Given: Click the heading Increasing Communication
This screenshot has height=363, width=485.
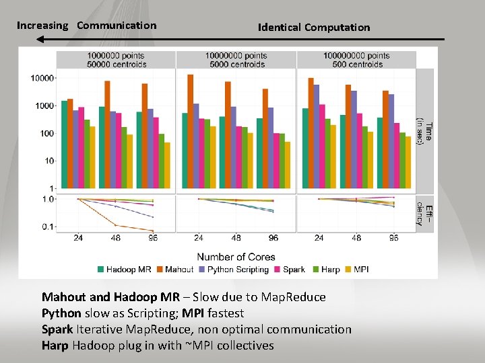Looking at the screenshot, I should [86, 26].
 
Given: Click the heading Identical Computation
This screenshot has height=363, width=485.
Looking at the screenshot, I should [314, 28].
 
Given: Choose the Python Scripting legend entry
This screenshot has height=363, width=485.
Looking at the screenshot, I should [232, 270].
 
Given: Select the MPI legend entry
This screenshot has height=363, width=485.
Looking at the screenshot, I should [358, 270].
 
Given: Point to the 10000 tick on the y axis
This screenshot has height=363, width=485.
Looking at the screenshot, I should [42, 79].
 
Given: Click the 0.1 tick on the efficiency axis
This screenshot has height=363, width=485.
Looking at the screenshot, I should [46, 227].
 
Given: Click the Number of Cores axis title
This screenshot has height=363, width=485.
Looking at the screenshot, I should [236, 257].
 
